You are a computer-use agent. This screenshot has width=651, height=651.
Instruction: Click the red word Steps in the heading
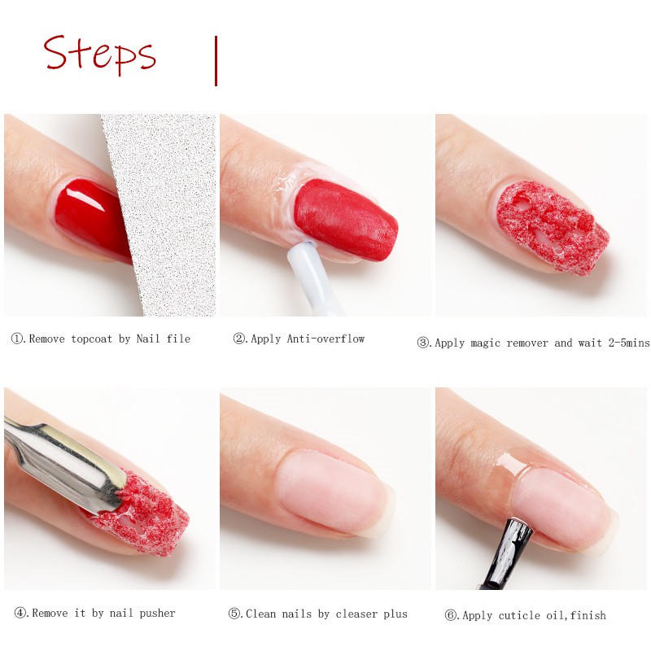coord(99,55)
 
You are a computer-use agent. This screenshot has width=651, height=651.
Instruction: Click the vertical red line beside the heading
coord(216,61)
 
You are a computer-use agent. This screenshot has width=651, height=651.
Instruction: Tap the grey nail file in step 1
coord(166,208)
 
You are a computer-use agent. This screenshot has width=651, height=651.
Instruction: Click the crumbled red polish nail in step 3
coord(553,226)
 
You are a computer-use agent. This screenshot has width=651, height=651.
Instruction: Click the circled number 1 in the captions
coord(17,339)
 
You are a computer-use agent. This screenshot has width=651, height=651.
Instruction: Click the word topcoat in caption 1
coord(91,339)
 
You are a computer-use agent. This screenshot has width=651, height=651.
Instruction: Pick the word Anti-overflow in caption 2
coord(325,339)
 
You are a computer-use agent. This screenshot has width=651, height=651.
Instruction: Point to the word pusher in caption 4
coord(157,614)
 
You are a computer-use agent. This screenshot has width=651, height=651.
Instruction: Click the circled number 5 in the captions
coord(234,614)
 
